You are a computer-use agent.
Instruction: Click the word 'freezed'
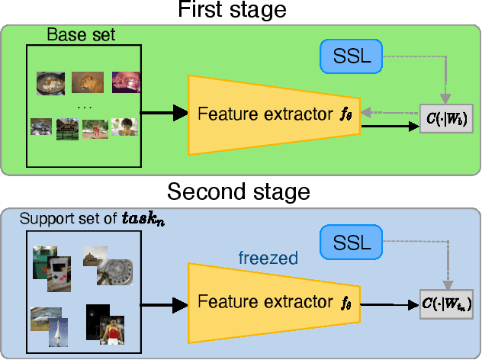[267, 259]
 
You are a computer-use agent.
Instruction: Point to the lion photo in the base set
[87, 81]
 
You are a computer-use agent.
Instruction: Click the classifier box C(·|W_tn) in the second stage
[446, 304]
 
